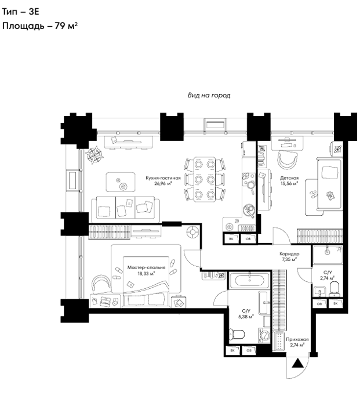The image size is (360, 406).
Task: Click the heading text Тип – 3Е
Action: [x=21, y=12]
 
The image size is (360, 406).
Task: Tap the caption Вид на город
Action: [x=209, y=95]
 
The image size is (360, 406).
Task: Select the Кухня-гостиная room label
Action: [x=163, y=178]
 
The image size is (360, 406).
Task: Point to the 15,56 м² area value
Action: [x=289, y=184]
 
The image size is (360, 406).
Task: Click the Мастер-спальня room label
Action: [x=146, y=267]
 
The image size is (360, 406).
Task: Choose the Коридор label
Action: [x=289, y=254]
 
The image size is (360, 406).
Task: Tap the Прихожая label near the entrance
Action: [x=297, y=339]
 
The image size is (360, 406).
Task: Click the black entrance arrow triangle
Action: [x=297, y=364]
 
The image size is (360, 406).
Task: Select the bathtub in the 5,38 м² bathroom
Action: [x=249, y=280]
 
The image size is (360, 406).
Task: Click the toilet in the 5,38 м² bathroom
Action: [x=237, y=334]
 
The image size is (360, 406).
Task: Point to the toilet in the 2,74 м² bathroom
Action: [x=334, y=289]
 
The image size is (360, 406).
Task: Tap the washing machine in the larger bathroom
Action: [x=264, y=336]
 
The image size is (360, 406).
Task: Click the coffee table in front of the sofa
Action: [x=121, y=182]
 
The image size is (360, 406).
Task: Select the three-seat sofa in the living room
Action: [x=125, y=209]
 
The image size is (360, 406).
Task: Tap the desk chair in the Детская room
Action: [x=288, y=160]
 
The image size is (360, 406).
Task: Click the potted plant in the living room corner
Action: [x=94, y=155]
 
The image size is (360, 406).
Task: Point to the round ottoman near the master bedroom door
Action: [x=193, y=232]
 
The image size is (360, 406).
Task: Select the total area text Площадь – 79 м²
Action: [x=40, y=26]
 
